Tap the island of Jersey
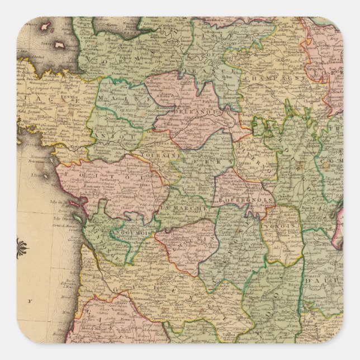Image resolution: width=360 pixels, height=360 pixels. coord(59,44)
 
